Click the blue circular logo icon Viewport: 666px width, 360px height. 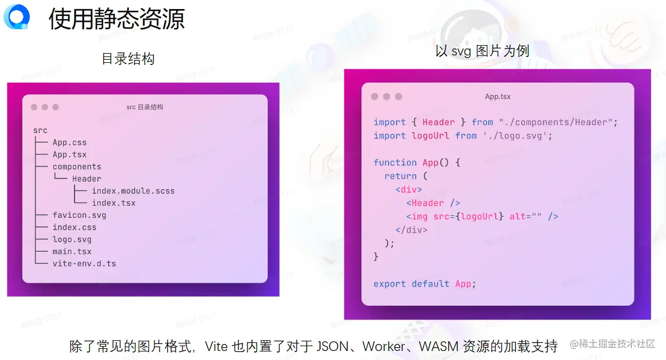click(x=17, y=17)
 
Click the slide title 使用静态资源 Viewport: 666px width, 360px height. click(x=117, y=19)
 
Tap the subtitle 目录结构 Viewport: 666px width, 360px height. click(x=128, y=59)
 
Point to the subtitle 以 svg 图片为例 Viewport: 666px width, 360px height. click(x=482, y=51)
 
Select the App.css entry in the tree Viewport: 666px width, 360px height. click(x=70, y=143)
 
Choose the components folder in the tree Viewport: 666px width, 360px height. click(x=77, y=167)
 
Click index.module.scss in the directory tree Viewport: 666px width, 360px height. click(x=133, y=191)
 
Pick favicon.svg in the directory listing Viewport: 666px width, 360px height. click(x=79, y=215)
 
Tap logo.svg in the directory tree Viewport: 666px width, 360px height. click(x=72, y=240)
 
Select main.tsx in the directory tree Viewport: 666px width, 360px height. click(x=72, y=251)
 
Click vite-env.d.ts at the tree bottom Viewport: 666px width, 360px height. click(x=84, y=264)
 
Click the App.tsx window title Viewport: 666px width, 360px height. click(x=498, y=96)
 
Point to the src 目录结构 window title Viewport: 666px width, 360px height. click(x=145, y=107)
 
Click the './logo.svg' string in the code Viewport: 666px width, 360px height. click(x=515, y=136)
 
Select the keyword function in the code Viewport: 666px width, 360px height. click(x=395, y=162)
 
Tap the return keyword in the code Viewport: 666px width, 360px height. click(x=400, y=176)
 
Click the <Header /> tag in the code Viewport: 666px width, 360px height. click(x=433, y=203)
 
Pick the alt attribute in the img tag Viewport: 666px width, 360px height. click(x=517, y=216)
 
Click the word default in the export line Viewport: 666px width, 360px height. click(x=430, y=284)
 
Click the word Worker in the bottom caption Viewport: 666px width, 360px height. click(x=384, y=346)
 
